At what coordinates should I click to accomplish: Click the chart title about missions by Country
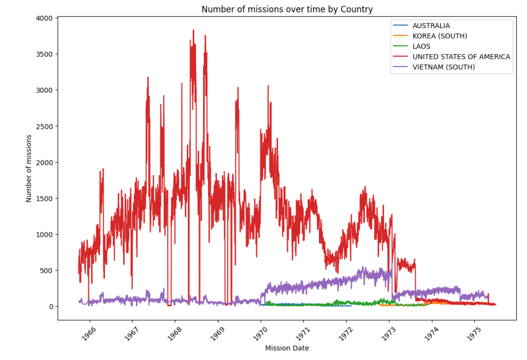pos(287,9)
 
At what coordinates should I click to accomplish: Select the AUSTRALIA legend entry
pos(431,26)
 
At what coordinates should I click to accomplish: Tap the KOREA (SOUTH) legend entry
pos(439,36)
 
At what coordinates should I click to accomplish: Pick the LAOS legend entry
pos(421,47)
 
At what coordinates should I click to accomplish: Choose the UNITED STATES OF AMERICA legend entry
pos(461,57)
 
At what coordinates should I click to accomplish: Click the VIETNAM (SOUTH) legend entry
pos(443,67)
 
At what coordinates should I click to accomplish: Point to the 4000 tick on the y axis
pos(46,18)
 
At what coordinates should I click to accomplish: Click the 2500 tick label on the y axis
pos(46,126)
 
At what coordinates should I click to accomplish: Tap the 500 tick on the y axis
pos(48,271)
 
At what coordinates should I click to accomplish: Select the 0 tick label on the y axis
pos(51,307)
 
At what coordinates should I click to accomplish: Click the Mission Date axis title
pos(287,348)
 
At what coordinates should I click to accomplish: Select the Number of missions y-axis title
pos(29,168)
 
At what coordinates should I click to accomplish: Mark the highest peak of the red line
pos(193,30)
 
